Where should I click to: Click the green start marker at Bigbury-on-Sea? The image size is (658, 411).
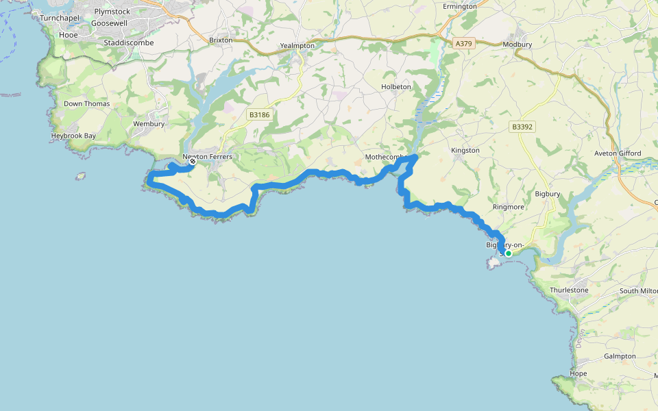click(x=509, y=253)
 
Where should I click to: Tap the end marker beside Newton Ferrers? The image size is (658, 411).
click(x=193, y=162)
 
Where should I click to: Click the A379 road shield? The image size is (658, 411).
click(x=464, y=43)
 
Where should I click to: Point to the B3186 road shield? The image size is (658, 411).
click(x=260, y=115)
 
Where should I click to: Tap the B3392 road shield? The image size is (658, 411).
click(x=522, y=127)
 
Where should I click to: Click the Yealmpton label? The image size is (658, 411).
click(x=297, y=46)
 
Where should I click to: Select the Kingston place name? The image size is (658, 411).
click(x=465, y=150)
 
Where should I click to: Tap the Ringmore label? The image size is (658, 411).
click(x=508, y=206)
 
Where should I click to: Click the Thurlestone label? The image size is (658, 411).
click(x=569, y=290)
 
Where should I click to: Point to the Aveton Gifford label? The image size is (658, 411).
click(x=618, y=153)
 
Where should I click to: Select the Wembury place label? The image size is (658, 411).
click(x=149, y=124)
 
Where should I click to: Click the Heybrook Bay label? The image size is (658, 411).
click(x=73, y=136)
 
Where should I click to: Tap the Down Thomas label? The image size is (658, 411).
click(x=82, y=104)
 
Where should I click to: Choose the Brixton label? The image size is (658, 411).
click(x=221, y=40)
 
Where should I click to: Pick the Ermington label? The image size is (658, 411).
click(x=460, y=6)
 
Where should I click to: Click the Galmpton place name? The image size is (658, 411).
click(x=620, y=356)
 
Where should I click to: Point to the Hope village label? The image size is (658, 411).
click(x=578, y=374)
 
